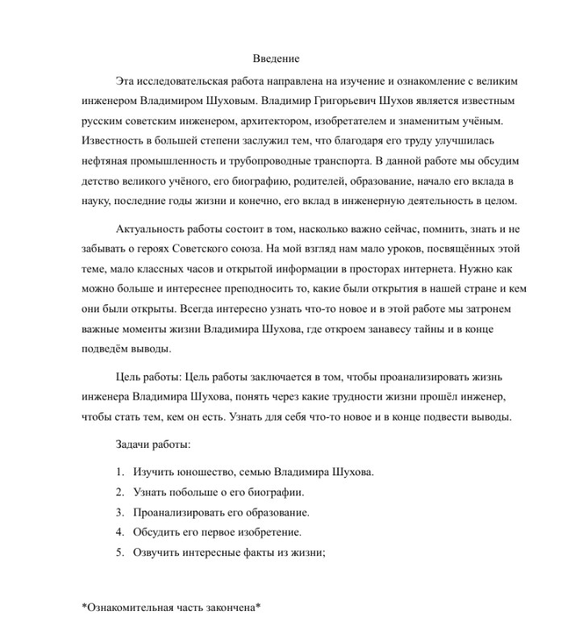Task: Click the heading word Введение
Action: [276, 59]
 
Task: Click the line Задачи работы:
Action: [153, 445]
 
